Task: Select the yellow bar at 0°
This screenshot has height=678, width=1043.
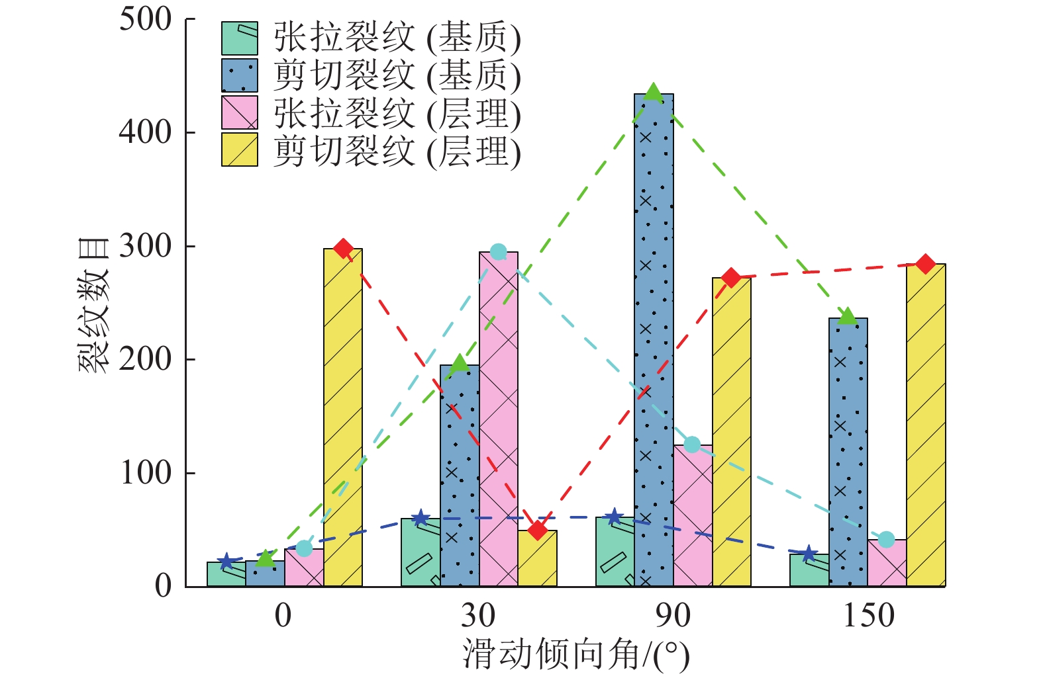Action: click(x=343, y=417)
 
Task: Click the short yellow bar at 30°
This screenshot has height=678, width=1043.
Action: click(x=538, y=558)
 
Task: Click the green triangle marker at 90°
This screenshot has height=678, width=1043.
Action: click(x=654, y=93)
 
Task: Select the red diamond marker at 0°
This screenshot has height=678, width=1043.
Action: click(x=343, y=249)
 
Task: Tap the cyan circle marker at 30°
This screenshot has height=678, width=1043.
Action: click(x=499, y=252)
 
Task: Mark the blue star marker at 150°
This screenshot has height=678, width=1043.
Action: click(x=809, y=554)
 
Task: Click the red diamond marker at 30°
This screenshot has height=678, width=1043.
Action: click(x=538, y=530)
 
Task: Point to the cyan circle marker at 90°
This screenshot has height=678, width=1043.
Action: click(x=692, y=445)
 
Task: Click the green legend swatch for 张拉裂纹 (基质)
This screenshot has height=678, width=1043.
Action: click(x=239, y=38)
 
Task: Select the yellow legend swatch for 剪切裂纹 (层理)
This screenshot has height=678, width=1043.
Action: click(x=239, y=149)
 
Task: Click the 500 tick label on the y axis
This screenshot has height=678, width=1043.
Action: click(x=145, y=19)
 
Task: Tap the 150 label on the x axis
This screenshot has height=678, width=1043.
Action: click(x=868, y=616)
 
